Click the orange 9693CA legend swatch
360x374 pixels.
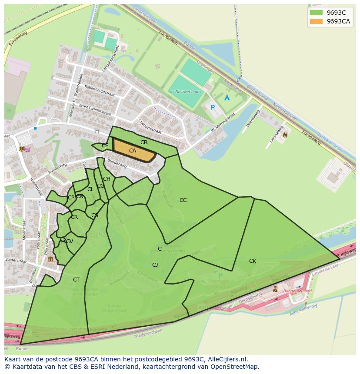point(316,21)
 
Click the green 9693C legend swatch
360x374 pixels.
point(316,13)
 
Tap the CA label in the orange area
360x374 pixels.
point(133,151)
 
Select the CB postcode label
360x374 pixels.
point(144,142)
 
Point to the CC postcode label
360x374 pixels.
point(183,200)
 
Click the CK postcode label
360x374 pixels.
point(253,261)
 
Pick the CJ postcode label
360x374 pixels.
point(155,265)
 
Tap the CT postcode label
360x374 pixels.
point(77,280)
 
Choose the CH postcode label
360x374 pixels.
point(107,179)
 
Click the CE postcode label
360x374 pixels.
point(105,146)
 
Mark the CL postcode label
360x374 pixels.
point(90,189)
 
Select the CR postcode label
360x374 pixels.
point(74,217)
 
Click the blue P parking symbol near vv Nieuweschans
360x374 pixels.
point(213,107)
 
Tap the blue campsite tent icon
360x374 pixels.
point(227,98)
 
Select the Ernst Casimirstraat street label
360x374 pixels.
point(95,108)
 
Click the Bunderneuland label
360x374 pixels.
point(297,291)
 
